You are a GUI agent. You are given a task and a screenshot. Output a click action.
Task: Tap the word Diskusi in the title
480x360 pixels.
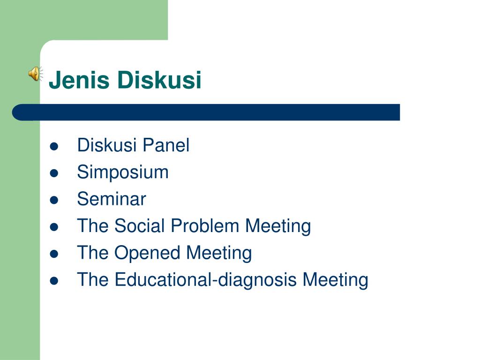point(159,80)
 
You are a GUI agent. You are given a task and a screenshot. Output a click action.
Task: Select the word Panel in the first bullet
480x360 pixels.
point(166,146)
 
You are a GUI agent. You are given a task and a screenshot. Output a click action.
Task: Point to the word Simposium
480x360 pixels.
point(123,172)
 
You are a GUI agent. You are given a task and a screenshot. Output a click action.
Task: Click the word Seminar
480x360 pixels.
point(112,199)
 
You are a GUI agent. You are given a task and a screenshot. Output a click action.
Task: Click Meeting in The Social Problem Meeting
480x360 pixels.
point(278,226)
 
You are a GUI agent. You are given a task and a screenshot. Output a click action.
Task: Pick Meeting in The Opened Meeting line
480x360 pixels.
point(219,253)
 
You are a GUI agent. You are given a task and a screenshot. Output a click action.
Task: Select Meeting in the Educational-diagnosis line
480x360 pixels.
point(335,280)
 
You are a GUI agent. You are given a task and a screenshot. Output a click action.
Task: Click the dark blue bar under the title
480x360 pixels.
point(206,112)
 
